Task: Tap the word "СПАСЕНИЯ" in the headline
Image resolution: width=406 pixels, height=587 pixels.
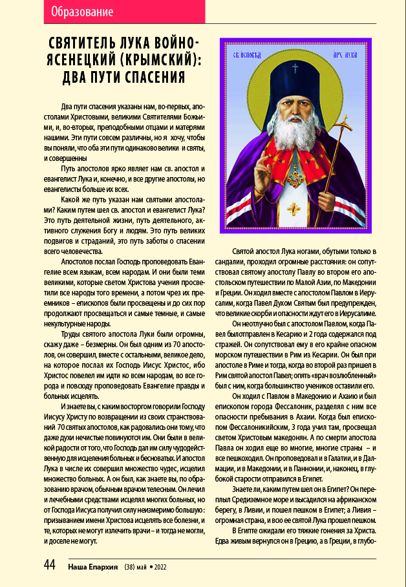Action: tap(151, 78)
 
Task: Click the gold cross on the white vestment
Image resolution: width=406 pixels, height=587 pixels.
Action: tap(296, 208)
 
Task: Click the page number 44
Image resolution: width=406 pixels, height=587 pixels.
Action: tap(50, 564)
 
